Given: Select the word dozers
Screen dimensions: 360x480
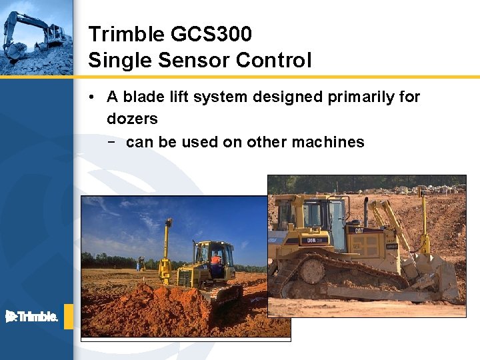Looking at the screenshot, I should pyautogui.click(x=132, y=119).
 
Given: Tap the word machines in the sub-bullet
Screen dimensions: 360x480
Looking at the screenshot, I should pyautogui.click(x=332, y=142).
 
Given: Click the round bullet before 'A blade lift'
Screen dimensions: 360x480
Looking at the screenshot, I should pyautogui.click(x=90, y=97).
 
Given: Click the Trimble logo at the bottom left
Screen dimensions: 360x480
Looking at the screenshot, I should pyautogui.click(x=32, y=317).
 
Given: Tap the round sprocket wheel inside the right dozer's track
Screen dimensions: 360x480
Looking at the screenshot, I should pyautogui.click(x=311, y=271).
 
